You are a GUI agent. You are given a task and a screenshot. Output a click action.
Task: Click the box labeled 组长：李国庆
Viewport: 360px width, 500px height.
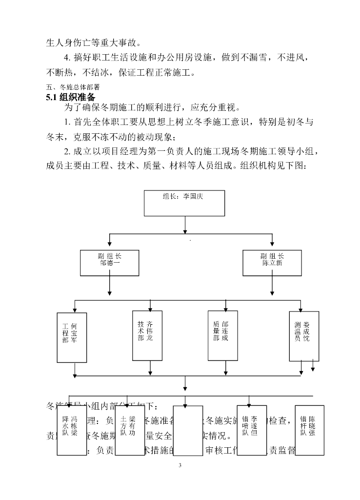coord(184,203)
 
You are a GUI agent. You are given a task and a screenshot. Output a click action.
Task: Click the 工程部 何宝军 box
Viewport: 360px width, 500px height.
coord(72,337)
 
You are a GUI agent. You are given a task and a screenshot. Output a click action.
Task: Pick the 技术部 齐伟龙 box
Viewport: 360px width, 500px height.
coord(147,335)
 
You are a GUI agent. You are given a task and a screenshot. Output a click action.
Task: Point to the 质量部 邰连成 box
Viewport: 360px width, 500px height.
coord(222,335)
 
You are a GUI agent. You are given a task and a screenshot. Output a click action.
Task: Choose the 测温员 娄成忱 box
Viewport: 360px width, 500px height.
coord(304,336)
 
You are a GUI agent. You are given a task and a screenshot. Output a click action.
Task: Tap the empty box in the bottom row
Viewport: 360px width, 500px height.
coord(187,430)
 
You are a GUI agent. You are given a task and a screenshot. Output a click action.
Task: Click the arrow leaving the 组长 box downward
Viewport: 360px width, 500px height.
coord(184,225)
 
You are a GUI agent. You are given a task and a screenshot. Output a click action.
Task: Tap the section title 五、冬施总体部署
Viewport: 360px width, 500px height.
coord(73,86)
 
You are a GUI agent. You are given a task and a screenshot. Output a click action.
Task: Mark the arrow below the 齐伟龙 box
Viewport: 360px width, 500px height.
coord(147,368)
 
